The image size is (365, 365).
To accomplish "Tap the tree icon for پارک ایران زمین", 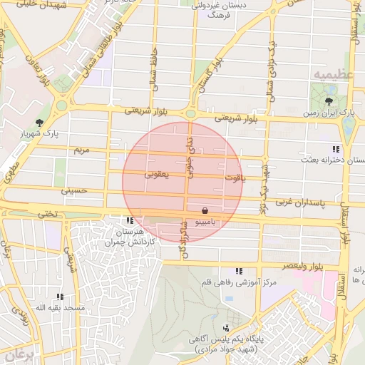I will tap(328, 101).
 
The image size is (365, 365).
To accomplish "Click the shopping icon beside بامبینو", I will tap(205, 211).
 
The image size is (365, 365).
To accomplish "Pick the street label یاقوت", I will tap(233, 178).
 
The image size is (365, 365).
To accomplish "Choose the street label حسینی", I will tap(73, 190).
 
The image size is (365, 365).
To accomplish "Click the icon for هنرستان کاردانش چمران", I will tap(130, 220).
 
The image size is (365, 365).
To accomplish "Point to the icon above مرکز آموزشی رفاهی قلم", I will tap(238, 271).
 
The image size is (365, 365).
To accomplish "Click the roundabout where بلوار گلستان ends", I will tap(191, 113).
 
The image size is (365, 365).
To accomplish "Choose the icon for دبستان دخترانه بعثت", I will tap(334, 149).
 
